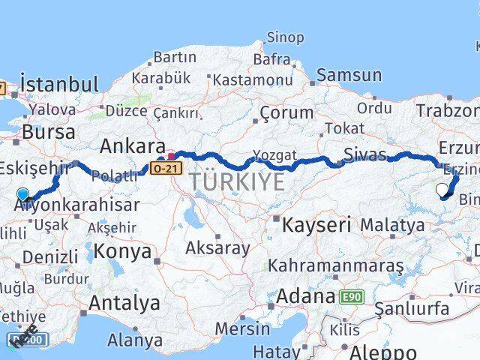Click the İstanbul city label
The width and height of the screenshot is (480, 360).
click(60, 83)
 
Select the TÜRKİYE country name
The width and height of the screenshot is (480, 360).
click(236, 181)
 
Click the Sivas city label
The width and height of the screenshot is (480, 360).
click(364, 155)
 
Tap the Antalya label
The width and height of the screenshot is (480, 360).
click(124, 303)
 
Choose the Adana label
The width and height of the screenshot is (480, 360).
click(305, 296)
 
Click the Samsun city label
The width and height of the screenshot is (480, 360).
click(349, 75)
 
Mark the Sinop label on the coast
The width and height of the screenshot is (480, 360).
click(286, 37)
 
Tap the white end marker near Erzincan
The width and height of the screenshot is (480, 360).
click(442, 190)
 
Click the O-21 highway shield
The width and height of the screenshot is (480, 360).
click(166, 169)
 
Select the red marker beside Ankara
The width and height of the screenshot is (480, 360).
click(171, 157)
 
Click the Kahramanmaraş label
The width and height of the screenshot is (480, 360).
click(335, 266)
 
